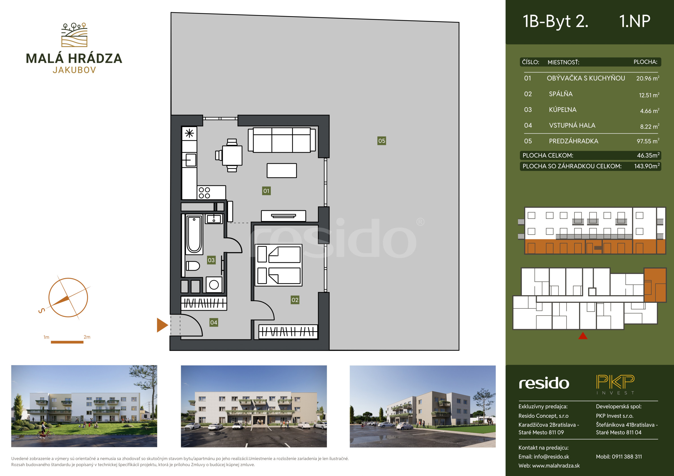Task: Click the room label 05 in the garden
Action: tap(382, 141)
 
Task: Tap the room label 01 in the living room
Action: tap(266, 191)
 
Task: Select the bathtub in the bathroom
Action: tap(194, 235)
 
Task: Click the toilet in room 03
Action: tap(193, 266)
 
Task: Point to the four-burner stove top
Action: tap(204, 193)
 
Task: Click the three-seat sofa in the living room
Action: tap(282, 140)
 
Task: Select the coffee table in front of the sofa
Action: tap(282, 171)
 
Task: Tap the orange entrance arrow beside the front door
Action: tap(162, 325)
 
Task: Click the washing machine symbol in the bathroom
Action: tap(214, 284)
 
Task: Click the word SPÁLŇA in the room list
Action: tap(561, 94)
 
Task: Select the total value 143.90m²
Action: tap(647, 166)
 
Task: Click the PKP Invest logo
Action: tap(615, 385)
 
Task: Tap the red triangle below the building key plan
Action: tap(583, 336)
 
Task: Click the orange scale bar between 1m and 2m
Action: tap(67, 342)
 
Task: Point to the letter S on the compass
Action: tap(42, 310)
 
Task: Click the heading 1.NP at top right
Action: tap(635, 21)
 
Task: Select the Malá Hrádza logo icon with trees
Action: tap(74, 35)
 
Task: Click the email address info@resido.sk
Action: tap(551, 457)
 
